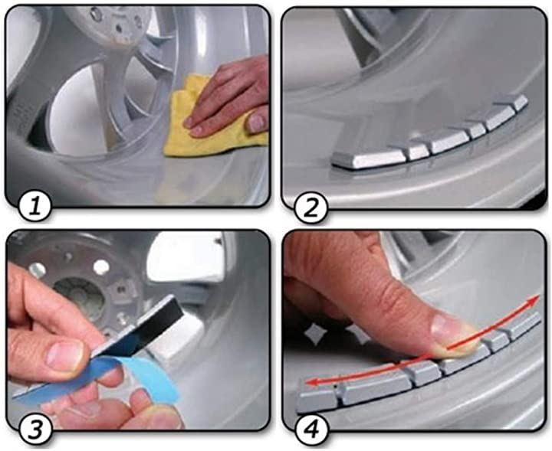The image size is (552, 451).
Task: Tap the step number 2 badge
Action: (310, 209)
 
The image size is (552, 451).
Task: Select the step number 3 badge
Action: (35, 430)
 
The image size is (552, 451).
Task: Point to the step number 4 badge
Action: (311, 430)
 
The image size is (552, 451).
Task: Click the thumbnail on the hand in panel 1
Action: (256, 122)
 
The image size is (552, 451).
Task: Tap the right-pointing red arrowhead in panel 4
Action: (534, 301)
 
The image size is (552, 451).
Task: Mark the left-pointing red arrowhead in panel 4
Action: (310, 382)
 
